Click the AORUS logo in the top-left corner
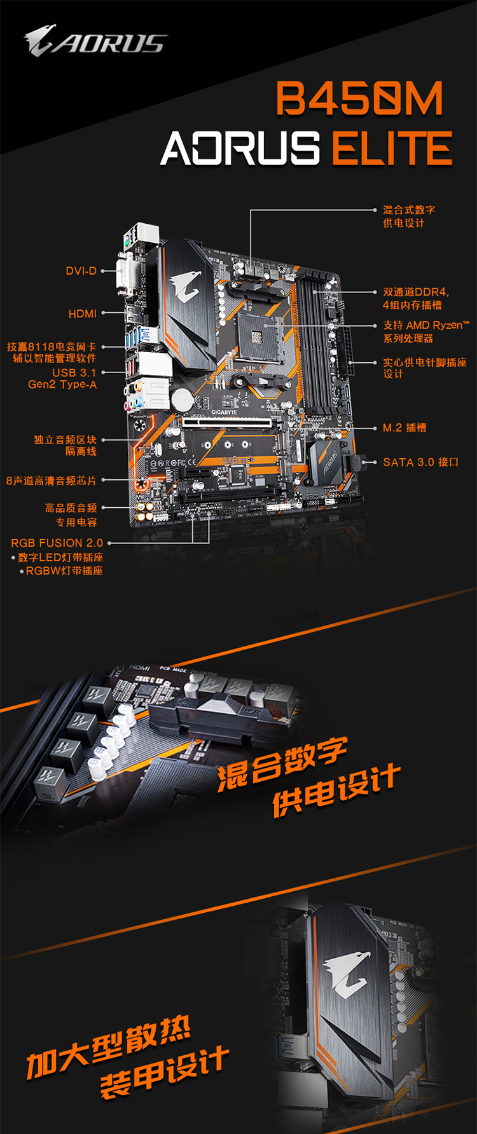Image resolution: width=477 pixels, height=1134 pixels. point(95,41)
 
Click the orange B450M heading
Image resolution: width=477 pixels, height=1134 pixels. point(360,99)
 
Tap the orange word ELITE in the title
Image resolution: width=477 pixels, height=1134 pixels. point(392,148)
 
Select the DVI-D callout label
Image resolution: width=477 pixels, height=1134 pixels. point(81,271)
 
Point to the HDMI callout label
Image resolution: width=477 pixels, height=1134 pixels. point(83,314)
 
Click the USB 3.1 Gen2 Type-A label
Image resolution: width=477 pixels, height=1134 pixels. point(62,379)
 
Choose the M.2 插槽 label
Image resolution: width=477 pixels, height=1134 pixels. point(404,428)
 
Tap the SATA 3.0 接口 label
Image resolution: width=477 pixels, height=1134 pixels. point(420,462)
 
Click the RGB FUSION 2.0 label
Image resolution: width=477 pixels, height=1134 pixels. point(57,543)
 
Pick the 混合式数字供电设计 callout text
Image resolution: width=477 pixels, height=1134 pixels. point(409,216)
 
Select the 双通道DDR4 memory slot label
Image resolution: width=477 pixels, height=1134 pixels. point(416,298)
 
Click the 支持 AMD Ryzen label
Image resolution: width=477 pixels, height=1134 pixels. point(426,331)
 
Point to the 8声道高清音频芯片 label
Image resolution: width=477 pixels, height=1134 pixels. point(52,481)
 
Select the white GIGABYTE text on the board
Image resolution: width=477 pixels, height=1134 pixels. point(224,413)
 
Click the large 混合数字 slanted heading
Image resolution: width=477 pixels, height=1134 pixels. point(282,765)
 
